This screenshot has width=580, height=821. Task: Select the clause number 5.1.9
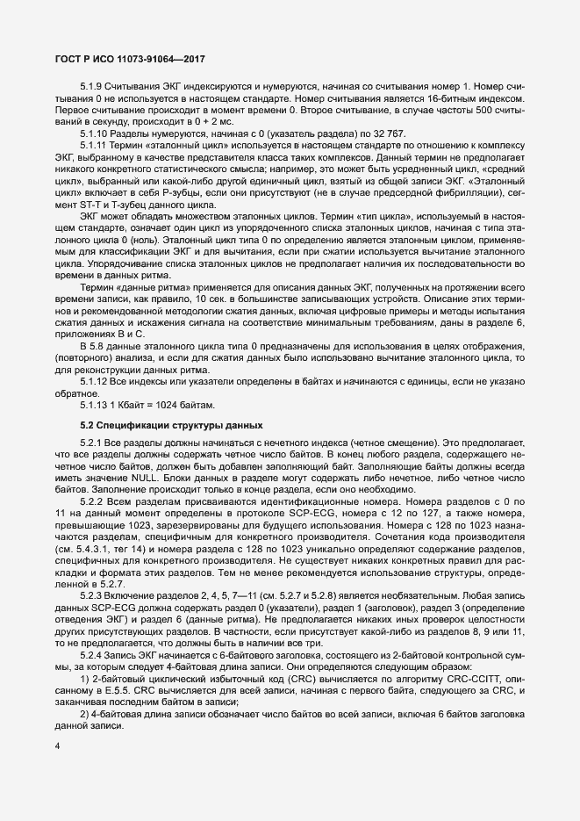point(92,86)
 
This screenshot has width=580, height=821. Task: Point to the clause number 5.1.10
point(95,133)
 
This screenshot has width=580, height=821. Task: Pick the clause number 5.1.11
point(95,144)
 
